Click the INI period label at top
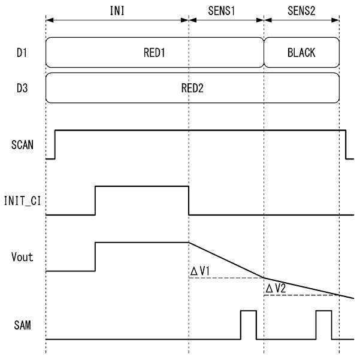pyautogui.click(x=118, y=10)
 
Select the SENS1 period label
pyautogui.click(x=226, y=10)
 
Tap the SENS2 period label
pyautogui.click(x=301, y=10)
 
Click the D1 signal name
pyautogui.click(x=22, y=53)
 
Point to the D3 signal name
pyautogui.click(x=22, y=88)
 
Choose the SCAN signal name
pyautogui.click(x=23, y=144)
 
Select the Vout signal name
pyautogui.click(x=23, y=257)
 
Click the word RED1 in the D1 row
pyautogui.click(x=154, y=53)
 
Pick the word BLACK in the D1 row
pyautogui.click(x=301, y=53)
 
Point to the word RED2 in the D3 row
pyautogui.click(x=192, y=88)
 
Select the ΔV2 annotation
pyautogui.click(x=276, y=289)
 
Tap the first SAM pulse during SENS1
pyautogui.click(x=249, y=325)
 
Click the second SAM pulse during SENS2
pyautogui.click(x=323, y=325)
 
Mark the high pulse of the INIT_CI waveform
pyautogui.click(x=142, y=186)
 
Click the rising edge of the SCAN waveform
pyautogui.click(x=55, y=144)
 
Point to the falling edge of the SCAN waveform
pyautogui.click(x=346, y=144)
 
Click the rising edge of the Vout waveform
pyautogui.click(x=95, y=257)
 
